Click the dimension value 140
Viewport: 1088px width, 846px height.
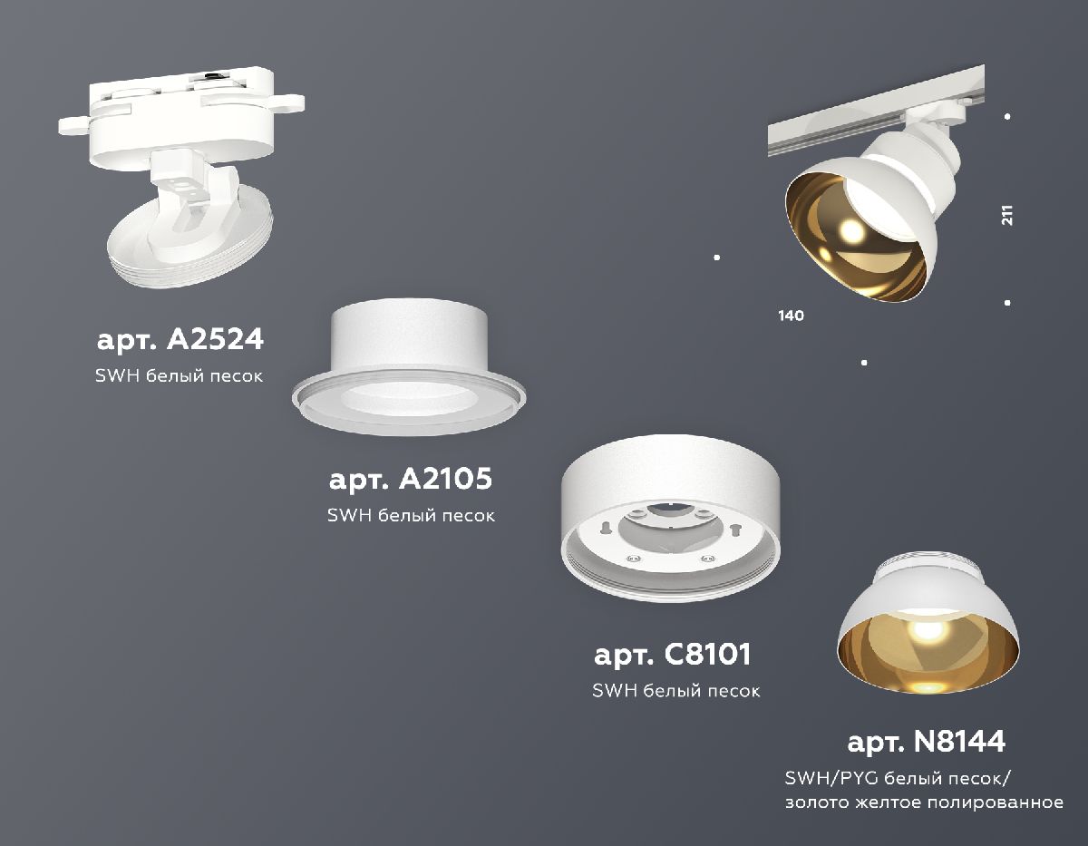(791, 316)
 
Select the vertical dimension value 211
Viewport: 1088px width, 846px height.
(1007, 215)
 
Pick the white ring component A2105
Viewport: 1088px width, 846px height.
(410, 372)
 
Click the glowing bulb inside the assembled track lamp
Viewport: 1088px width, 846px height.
(852, 231)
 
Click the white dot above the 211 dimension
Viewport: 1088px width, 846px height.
(1008, 117)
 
